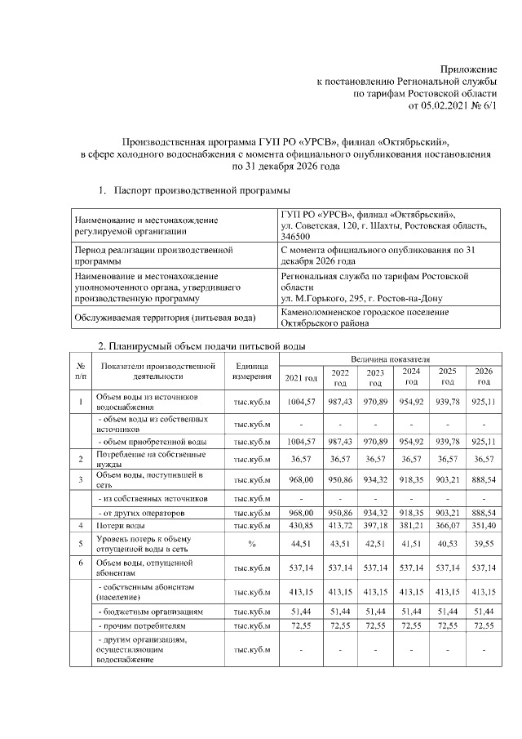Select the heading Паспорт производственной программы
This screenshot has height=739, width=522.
pos(202,191)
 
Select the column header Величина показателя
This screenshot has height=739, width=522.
pos(390,358)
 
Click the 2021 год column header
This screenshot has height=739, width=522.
pos(301,376)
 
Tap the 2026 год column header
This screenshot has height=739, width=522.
pos(484,376)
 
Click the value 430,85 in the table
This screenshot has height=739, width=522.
pos(301,528)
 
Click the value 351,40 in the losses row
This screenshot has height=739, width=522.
pos(484,528)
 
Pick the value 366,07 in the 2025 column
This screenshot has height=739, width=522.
pos(448,528)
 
